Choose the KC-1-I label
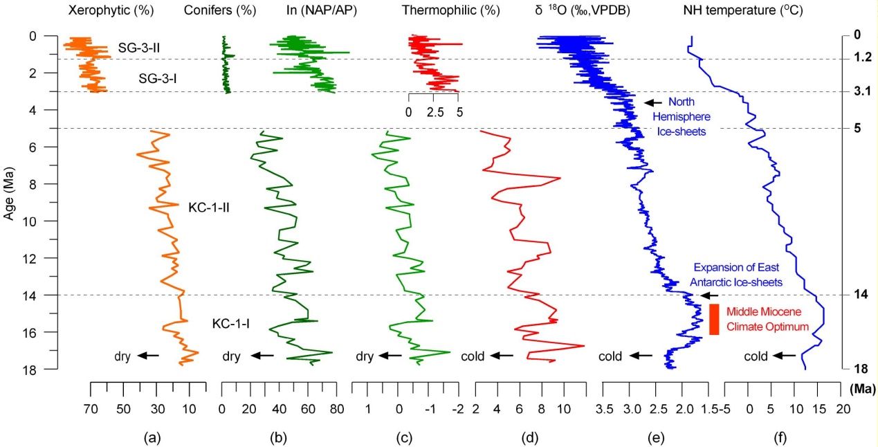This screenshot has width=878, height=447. tap(231, 323)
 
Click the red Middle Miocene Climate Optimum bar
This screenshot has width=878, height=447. tap(714, 320)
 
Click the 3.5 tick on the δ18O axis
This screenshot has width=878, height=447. tap(605, 409)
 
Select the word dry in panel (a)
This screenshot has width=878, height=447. tap(123, 357)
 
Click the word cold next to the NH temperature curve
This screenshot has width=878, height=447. tap(756, 357)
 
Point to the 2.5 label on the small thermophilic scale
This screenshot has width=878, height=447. tap(433, 110)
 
